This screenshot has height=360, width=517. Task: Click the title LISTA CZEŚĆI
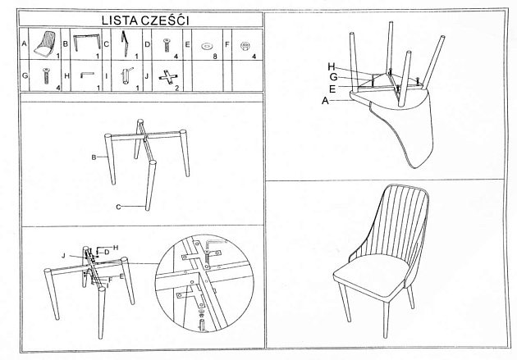point(141,19)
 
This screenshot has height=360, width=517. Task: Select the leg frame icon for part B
point(85,43)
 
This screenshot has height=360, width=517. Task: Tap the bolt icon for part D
point(167,43)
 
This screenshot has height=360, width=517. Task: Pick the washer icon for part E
point(207,46)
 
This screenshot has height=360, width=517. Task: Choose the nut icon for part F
point(245,46)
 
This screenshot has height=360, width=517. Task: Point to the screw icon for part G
point(45,77)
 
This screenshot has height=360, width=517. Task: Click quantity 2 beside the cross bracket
point(177,87)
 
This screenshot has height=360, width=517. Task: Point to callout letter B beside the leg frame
point(94,157)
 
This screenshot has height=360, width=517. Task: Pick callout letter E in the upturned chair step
point(332,88)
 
